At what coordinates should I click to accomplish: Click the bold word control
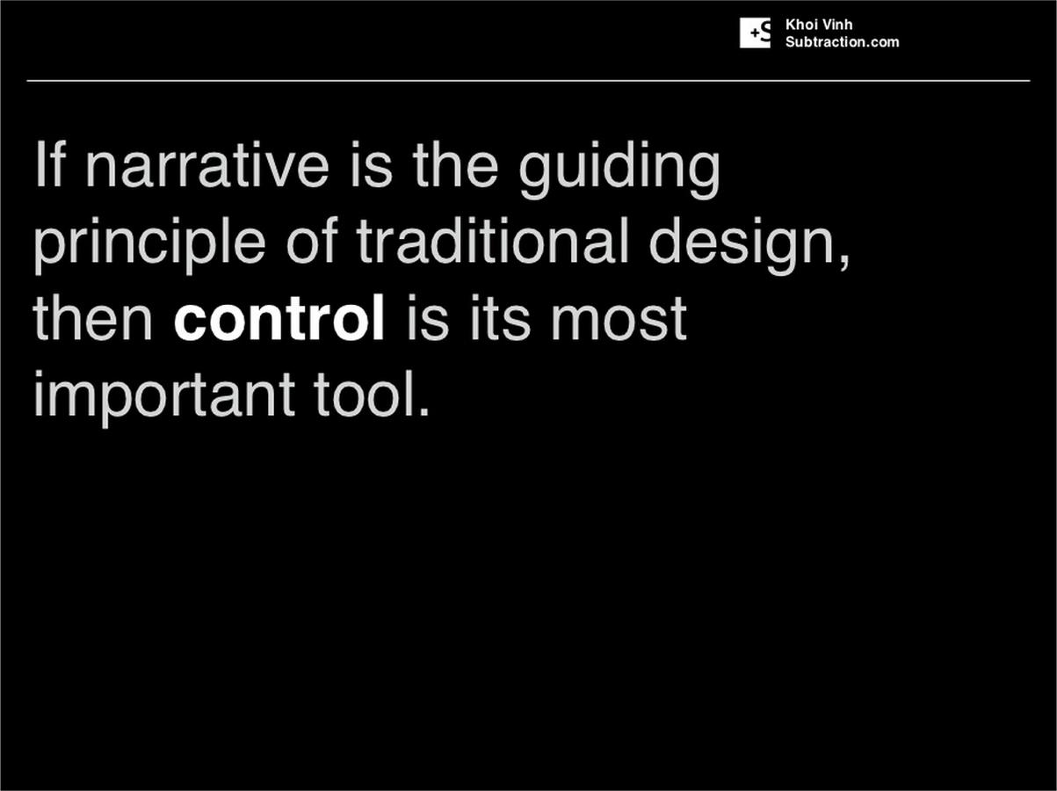(279, 317)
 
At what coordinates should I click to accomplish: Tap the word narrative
(207, 164)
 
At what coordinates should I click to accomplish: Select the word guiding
(619, 170)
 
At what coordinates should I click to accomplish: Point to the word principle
(149, 244)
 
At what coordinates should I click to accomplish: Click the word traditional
(492, 241)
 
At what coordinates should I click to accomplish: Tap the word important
(164, 398)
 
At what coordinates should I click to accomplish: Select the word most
(619, 319)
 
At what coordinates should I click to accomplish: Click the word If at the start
(49, 163)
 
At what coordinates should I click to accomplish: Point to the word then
(92, 317)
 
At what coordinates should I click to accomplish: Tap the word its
(500, 317)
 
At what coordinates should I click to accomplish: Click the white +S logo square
(755, 33)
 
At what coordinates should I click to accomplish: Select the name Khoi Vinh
(819, 25)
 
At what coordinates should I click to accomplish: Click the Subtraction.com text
(843, 42)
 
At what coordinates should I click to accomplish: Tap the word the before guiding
(455, 164)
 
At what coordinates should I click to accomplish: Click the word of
(311, 241)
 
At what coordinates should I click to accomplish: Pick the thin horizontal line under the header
(528, 81)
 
